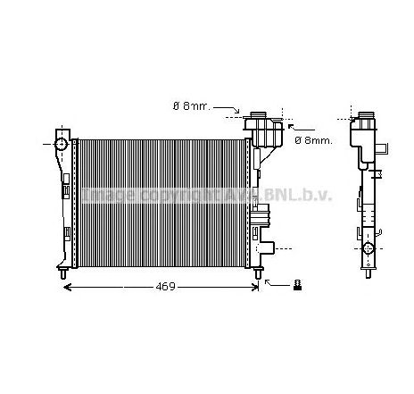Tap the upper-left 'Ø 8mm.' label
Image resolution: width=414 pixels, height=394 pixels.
click(x=191, y=106)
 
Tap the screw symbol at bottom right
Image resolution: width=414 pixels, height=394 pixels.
click(x=297, y=285)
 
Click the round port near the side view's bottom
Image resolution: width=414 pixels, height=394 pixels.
click(x=367, y=247)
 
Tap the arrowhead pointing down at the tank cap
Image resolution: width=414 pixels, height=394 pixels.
click(x=240, y=114)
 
